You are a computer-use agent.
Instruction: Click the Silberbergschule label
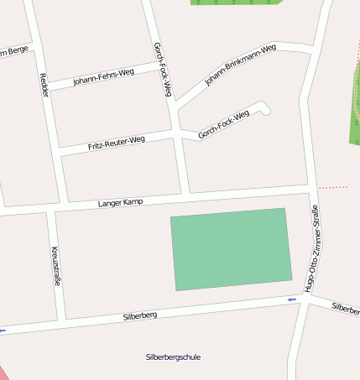pyautogui.click(x=173, y=357)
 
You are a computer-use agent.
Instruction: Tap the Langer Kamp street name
pyautogui.click(x=121, y=202)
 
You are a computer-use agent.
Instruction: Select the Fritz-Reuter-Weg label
pyautogui.click(x=116, y=143)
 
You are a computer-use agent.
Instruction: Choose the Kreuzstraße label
pyautogui.click(x=56, y=266)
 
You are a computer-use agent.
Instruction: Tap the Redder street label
pyautogui.click(x=44, y=85)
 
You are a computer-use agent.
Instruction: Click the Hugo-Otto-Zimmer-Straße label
pyautogui.click(x=312, y=248)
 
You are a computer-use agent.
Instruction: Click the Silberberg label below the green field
pyautogui.click(x=140, y=316)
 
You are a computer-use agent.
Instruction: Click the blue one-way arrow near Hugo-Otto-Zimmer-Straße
pyautogui.click(x=292, y=299)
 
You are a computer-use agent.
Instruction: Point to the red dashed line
pyautogui.click(x=333, y=186)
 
